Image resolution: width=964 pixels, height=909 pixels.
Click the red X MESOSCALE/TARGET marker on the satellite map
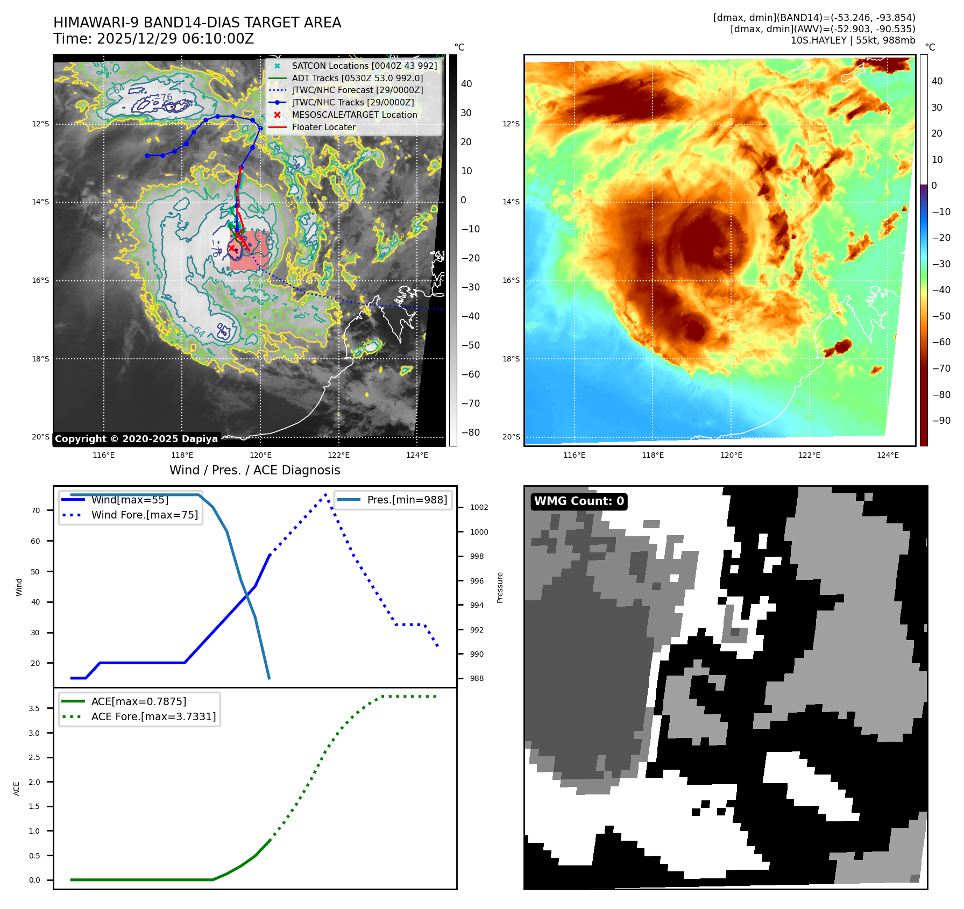(x=232, y=248)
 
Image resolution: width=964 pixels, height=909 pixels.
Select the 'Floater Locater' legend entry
(x=323, y=127)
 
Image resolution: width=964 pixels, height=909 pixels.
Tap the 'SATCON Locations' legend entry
(x=364, y=66)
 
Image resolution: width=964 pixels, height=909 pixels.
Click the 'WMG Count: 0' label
(x=579, y=501)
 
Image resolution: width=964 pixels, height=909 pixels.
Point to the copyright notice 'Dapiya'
(x=136, y=439)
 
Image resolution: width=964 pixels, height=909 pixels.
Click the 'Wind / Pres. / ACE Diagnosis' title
(x=254, y=471)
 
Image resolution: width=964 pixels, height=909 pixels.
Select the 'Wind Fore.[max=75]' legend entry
(x=144, y=515)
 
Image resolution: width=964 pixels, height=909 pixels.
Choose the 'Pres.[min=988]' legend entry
(x=407, y=500)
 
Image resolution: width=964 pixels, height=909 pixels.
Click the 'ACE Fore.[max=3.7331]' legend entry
(x=153, y=716)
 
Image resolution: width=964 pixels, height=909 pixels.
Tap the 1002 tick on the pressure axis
(x=479, y=507)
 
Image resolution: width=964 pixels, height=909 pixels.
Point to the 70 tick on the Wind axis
(x=36, y=510)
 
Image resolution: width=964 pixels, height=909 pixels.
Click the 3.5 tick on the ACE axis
(x=34, y=708)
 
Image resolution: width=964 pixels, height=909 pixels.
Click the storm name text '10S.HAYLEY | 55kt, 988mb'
(x=853, y=40)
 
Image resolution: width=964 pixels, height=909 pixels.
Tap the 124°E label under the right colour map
(x=888, y=455)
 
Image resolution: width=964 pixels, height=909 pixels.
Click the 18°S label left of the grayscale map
(x=40, y=359)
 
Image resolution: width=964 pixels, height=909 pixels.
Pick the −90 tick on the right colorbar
(x=941, y=421)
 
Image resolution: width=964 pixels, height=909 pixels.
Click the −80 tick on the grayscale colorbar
(x=470, y=432)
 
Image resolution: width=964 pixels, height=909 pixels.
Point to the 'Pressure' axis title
(x=500, y=587)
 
